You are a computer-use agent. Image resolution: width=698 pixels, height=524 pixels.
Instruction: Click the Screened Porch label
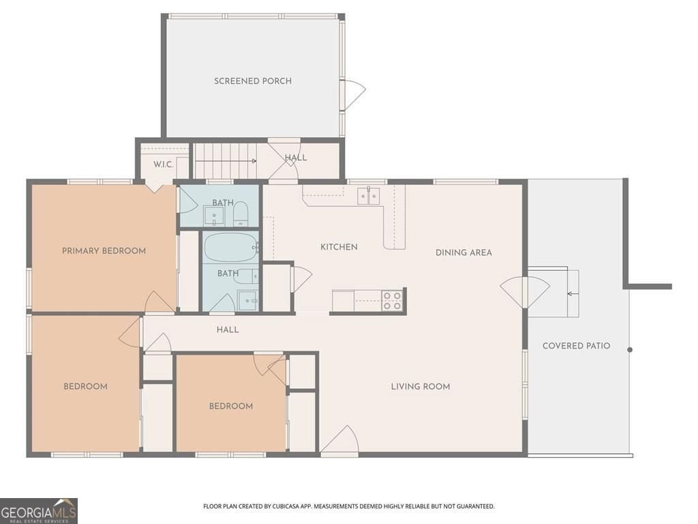pos(253,81)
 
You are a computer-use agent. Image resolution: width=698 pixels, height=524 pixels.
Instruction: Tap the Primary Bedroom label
pos(104,251)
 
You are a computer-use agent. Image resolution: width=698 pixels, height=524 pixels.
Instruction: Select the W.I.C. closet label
pos(163,164)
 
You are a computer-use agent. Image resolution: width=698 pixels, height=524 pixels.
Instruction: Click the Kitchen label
pos(339,247)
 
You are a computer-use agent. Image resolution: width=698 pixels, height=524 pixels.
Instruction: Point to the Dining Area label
pos(464,252)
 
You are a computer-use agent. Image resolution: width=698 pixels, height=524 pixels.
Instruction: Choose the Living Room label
pos(420,387)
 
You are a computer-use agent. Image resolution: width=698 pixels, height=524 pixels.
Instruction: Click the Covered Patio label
pos(576,346)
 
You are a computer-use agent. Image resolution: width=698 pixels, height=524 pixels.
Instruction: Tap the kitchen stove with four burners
pos(392,301)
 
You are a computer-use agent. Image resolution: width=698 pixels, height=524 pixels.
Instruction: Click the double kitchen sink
pos(369,195)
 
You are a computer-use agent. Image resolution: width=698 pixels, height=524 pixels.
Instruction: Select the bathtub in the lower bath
pos(230,247)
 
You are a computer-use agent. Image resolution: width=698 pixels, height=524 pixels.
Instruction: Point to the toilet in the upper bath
pos(241,215)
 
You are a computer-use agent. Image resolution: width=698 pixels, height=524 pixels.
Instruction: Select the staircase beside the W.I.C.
pos(225,161)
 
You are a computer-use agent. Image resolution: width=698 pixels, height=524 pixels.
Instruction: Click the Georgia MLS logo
pos(39,510)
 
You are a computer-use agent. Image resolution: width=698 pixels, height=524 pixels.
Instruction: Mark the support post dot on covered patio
pos(630,350)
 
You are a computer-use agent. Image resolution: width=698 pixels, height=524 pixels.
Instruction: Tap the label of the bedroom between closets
pos(230,407)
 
